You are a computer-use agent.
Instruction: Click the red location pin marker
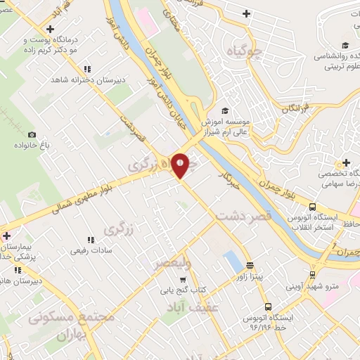[x=181, y=165]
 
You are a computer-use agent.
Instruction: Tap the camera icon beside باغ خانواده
[x=31, y=134]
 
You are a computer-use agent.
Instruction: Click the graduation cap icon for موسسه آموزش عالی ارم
[x=225, y=110]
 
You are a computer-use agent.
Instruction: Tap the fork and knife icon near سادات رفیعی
[x=89, y=238]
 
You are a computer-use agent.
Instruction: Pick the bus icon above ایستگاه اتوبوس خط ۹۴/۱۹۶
[x=268, y=307]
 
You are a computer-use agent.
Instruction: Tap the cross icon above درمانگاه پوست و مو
[x=49, y=29]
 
